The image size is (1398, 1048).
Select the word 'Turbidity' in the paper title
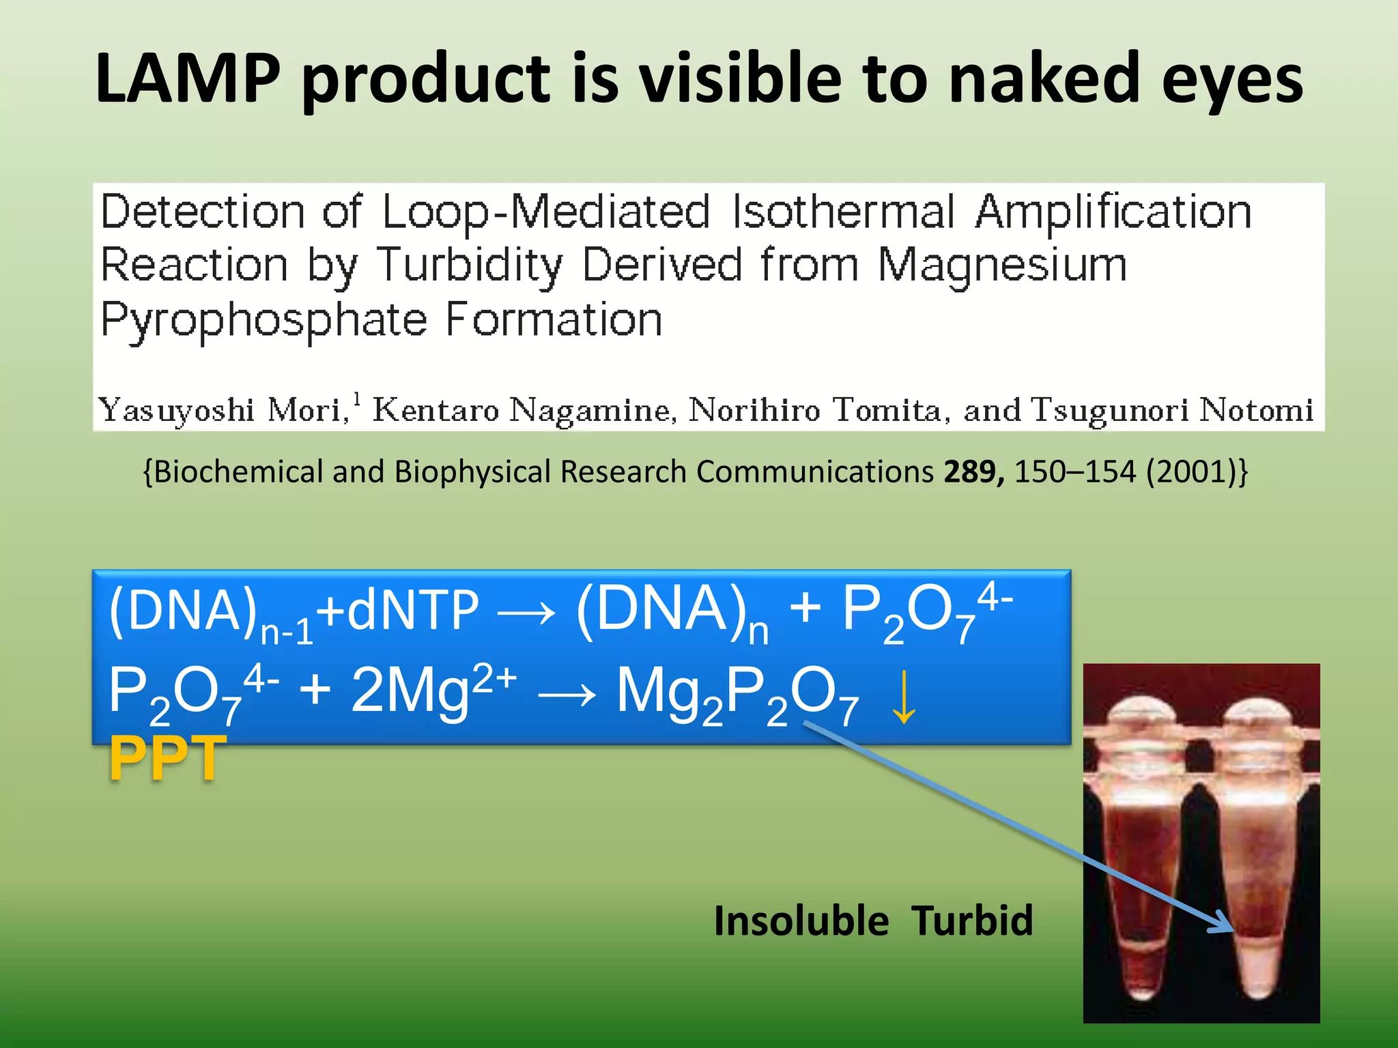470,266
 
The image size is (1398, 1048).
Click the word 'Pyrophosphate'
263,321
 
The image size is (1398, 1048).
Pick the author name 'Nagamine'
593,411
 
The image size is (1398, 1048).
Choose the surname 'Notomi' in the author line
1256,411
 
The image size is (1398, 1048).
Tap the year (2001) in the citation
1195,471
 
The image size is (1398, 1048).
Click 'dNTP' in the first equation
412,611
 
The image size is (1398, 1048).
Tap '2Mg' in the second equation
410,690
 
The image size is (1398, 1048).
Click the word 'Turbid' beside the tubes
972,920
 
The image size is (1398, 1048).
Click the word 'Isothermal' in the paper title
843,212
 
